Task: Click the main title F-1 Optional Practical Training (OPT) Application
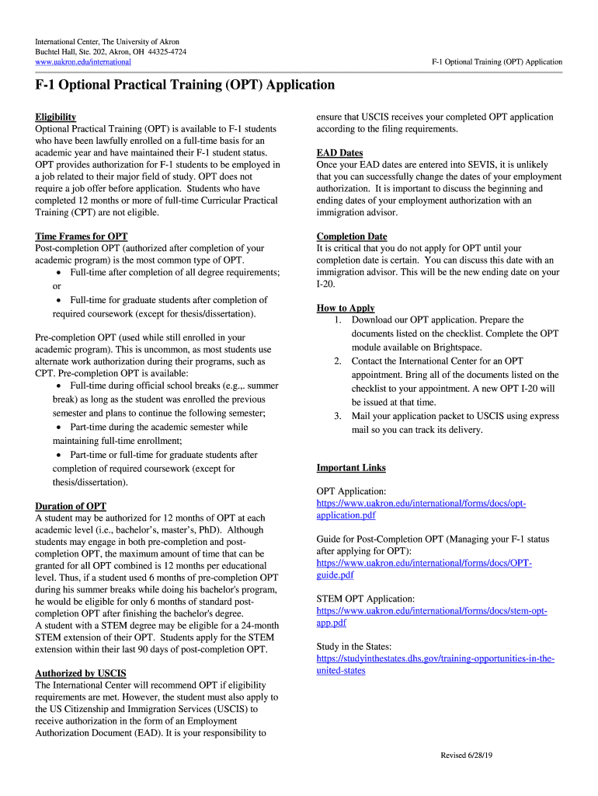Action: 185,85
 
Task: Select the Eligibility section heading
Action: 56,117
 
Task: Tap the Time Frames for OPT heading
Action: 82,236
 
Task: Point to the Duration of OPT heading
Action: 71,506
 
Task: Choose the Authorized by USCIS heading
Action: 81,673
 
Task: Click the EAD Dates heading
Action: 339,153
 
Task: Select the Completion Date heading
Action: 351,236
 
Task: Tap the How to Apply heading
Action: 346,308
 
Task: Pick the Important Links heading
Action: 351,467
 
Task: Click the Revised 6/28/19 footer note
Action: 467,756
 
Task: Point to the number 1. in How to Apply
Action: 338,319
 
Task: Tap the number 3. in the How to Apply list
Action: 338,416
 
